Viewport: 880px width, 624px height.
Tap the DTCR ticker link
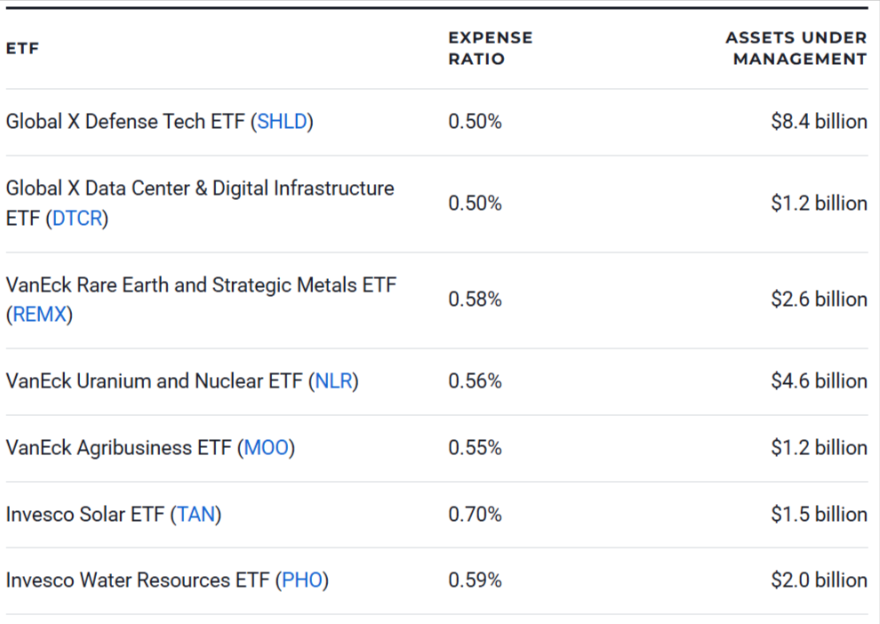(77, 219)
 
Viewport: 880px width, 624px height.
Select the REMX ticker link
(39, 315)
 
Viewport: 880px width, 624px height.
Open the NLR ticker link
(333, 381)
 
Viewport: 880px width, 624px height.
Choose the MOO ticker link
(267, 448)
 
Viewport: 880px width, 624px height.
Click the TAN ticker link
(196, 515)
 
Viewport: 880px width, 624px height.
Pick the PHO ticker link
(301, 580)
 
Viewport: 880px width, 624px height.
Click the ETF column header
(22, 49)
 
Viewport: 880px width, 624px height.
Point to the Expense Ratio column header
(490, 49)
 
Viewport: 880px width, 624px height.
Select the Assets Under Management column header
(796, 49)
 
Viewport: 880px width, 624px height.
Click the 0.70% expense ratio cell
(475, 515)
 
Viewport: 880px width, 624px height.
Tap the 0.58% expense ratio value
(475, 300)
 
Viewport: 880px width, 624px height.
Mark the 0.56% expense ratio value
(475, 381)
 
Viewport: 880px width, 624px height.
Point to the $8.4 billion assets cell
(819, 122)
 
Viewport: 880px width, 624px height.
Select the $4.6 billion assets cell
(819, 381)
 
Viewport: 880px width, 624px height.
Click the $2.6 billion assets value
(819, 300)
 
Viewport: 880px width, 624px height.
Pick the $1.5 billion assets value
(819, 515)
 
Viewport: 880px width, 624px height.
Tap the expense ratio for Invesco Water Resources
(475, 580)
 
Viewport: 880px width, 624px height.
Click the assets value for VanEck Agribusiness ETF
(819, 448)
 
